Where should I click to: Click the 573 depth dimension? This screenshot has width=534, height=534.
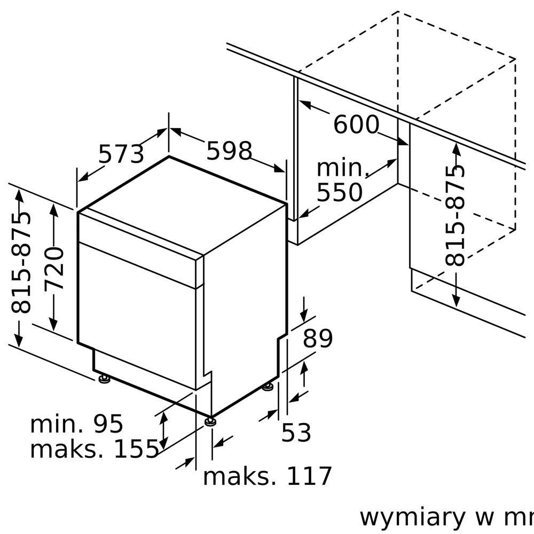click(x=121, y=154)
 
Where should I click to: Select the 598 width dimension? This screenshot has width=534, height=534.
click(x=229, y=151)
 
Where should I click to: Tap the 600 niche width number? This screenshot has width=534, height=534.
click(x=356, y=124)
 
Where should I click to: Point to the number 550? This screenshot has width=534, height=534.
click(x=340, y=192)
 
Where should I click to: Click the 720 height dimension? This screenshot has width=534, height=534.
click(x=54, y=269)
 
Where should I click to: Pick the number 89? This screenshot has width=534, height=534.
click(x=318, y=338)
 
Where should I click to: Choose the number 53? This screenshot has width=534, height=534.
click(x=296, y=433)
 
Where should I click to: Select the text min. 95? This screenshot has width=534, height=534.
click(x=76, y=424)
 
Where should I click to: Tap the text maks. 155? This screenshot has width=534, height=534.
click(x=95, y=449)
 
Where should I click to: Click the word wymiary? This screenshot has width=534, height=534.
click(x=412, y=517)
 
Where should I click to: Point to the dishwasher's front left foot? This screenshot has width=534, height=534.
click(x=104, y=379)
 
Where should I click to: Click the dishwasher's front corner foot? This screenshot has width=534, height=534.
click(x=210, y=422)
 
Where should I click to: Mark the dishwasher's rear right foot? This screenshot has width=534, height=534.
click(x=268, y=387)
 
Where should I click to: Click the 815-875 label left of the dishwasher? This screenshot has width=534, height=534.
click(x=21, y=262)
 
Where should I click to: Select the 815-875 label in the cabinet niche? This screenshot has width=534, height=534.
click(x=454, y=215)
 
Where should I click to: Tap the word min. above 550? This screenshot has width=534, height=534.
click(x=343, y=168)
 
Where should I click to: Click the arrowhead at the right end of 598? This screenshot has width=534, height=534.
click(x=280, y=168)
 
